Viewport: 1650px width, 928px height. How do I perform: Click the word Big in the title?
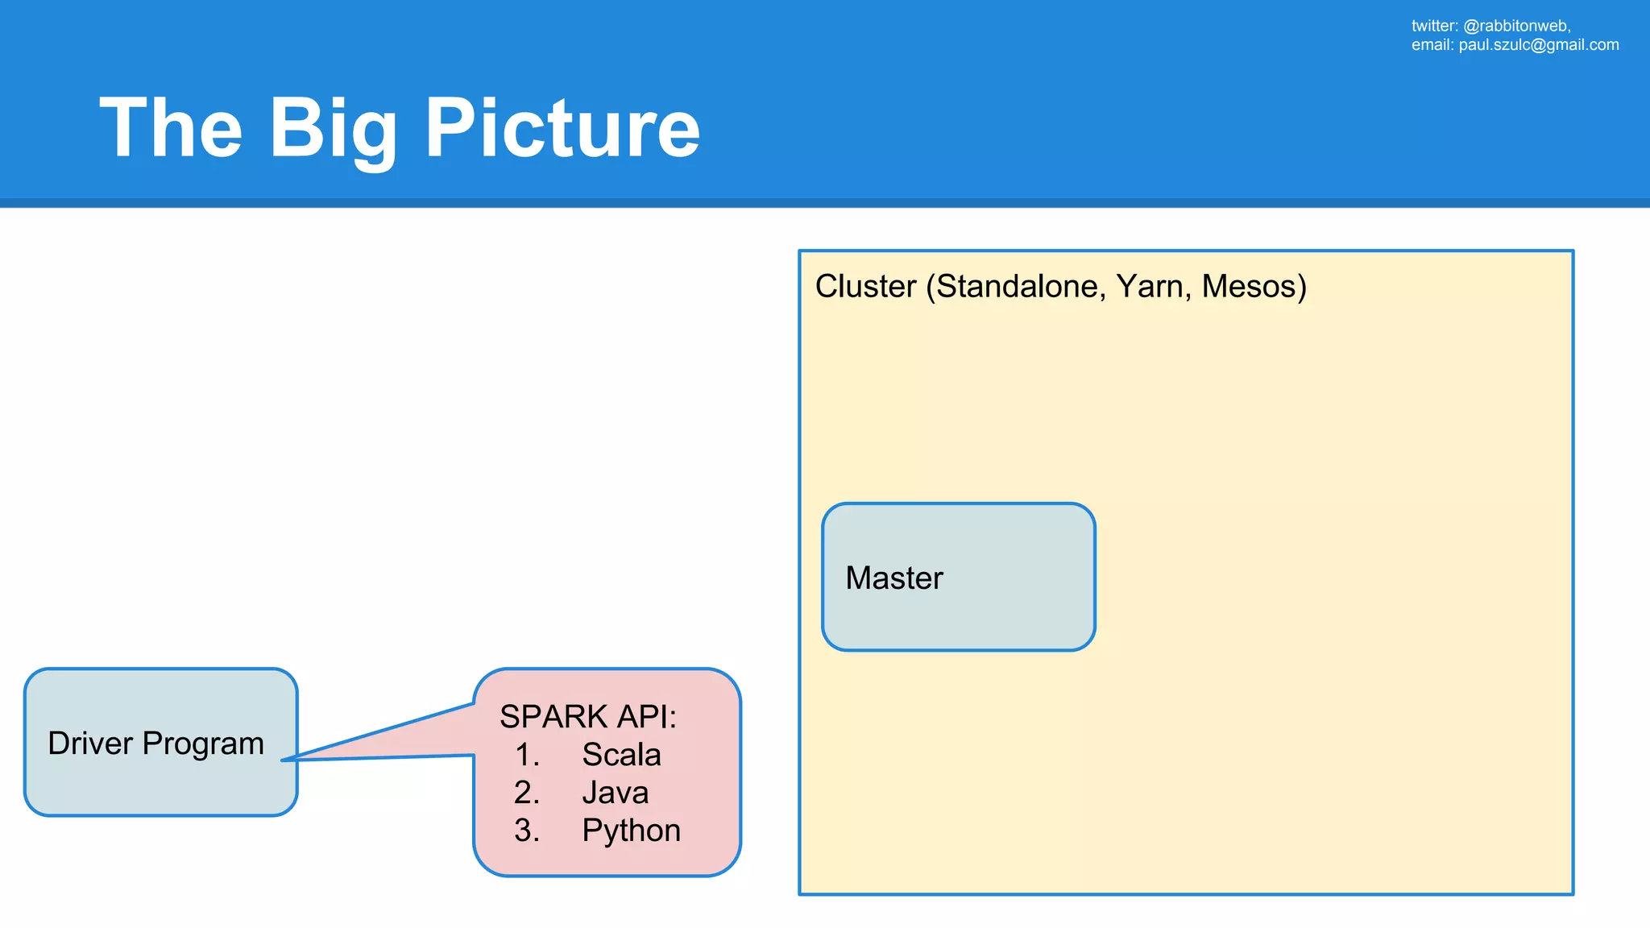click(x=332, y=129)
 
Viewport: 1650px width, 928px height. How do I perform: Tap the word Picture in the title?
click(x=562, y=129)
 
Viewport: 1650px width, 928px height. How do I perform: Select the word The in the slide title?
click(x=171, y=129)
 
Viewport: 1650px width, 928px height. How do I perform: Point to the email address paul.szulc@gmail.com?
click(x=1538, y=45)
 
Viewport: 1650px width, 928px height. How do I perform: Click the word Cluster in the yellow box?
click(x=865, y=287)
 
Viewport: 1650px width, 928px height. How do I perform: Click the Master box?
click(x=958, y=577)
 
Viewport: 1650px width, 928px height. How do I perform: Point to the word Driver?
click(x=90, y=743)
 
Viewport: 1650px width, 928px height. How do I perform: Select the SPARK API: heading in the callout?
click(x=588, y=716)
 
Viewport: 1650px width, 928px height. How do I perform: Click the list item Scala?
click(x=621, y=755)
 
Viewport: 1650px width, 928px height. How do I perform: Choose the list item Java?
click(x=615, y=793)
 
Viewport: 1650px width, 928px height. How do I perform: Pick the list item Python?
click(x=631, y=831)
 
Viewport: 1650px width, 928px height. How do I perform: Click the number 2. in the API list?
click(x=527, y=793)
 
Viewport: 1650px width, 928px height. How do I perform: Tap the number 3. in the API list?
click(x=527, y=831)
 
